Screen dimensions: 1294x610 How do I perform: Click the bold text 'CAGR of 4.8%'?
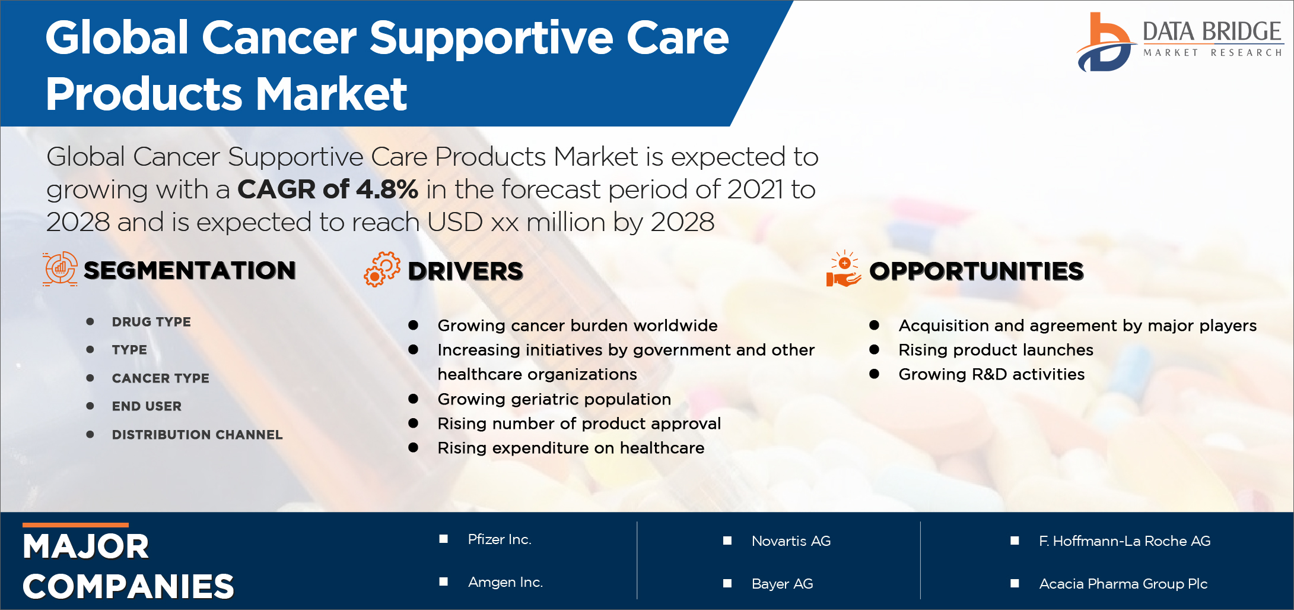[x=328, y=189]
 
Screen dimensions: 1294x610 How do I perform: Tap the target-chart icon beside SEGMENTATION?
[x=60, y=269]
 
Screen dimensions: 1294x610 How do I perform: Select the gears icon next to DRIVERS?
[x=382, y=270]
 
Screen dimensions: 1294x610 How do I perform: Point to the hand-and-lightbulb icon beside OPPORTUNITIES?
[x=843, y=269]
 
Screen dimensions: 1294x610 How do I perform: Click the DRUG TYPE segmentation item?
[x=151, y=322]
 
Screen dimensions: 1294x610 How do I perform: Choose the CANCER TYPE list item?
[x=160, y=378]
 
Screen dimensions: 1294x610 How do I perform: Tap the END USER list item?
[x=147, y=406]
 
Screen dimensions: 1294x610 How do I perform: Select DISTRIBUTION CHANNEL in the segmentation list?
[x=197, y=435]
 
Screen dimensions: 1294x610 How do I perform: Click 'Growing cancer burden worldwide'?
[x=577, y=325]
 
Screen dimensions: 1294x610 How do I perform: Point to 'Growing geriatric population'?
[x=554, y=399]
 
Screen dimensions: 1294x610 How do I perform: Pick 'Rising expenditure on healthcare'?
[x=571, y=448]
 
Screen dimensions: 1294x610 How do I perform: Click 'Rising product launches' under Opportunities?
[x=996, y=350]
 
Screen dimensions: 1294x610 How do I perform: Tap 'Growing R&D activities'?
[x=991, y=374]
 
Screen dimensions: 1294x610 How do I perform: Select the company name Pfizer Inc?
[x=500, y=539]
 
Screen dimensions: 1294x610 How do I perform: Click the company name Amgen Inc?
[x=505, y=582]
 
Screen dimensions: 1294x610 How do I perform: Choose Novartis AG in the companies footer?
[x=791, y=541]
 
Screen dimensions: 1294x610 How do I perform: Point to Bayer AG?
[x=782, y=584]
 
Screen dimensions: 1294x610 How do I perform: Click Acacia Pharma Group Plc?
[x=1123, y=584]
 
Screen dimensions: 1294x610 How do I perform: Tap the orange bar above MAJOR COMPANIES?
[x=75, y=525]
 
